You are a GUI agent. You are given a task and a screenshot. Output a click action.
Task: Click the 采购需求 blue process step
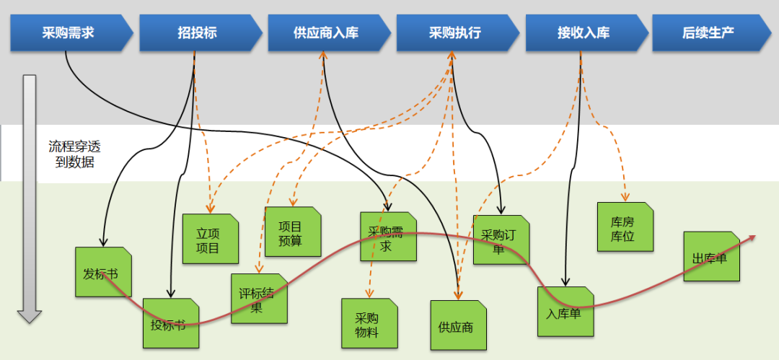coord(69,33)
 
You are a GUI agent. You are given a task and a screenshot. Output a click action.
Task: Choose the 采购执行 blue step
coord(455,33)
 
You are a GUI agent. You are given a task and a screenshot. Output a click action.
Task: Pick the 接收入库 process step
coord(584,33)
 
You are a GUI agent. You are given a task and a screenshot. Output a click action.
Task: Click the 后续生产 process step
coord(708,33)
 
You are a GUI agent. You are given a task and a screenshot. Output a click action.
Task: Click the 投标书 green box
coord(170,323)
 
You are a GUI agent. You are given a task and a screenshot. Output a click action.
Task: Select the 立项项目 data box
coord(210,239)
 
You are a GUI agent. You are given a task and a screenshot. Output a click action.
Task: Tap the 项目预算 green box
coord(292,232)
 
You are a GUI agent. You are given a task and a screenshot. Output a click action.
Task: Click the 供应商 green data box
coord(458,325)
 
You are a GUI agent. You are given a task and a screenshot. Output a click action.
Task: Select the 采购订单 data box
coord(501,240)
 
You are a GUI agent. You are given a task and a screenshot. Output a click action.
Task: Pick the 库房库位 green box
coord(625,227)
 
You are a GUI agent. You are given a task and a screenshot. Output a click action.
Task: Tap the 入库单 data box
coord(565,312)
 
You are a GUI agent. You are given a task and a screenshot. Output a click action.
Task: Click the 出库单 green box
coord(711,257)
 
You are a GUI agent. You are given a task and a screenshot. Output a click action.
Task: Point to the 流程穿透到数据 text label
coord(71,154)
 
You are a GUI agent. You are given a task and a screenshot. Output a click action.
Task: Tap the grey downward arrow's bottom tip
coord(30,320)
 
